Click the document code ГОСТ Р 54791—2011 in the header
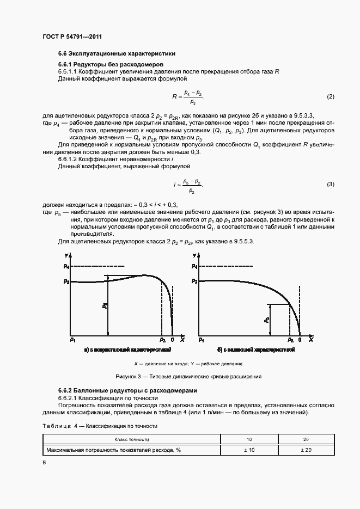tap(72, 36)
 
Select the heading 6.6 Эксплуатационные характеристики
tap(117, 54)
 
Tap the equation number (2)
tap(330, 97)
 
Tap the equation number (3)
tap(330, 185)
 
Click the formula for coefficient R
tap(188, 97)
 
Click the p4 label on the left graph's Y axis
tap(66, 266)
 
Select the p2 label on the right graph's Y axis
tap(194, 281)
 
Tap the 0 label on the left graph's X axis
tap(173, 340)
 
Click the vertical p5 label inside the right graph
tap(266, 320)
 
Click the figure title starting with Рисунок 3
tap(188, 376)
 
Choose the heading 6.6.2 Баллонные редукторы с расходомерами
tap(127, 391)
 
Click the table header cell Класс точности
tap(132, 439)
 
